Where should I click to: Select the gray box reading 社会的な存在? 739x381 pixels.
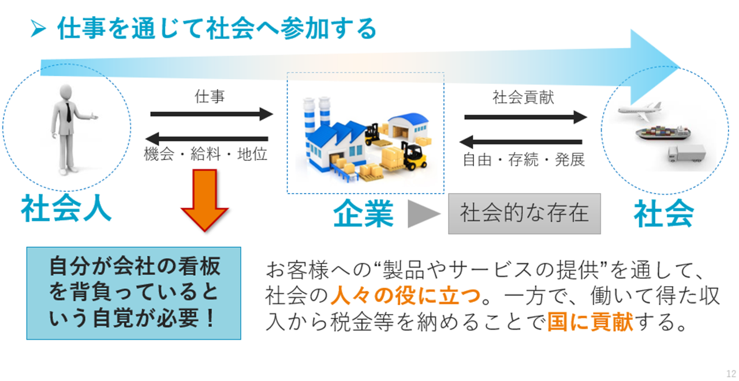[524, 214]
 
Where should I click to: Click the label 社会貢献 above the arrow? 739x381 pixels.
[523, 98]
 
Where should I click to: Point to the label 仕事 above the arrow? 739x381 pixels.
[210, 97]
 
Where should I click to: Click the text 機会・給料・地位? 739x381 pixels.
[206, 154]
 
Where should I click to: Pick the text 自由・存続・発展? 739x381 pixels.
[524, 160]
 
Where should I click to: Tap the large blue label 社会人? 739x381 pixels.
[66, 208]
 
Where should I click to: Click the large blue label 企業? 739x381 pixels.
[363, 213]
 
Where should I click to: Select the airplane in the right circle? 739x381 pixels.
[640, 110]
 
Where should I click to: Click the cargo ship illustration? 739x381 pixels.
[663, 132]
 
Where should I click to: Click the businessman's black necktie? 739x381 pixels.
[68, 112]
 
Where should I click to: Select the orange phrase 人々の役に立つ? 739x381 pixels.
[405, 295]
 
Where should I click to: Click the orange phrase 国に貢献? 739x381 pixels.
[590, 321]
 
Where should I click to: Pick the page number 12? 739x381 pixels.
[731, 373]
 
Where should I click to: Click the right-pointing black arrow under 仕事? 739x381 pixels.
[211, 114]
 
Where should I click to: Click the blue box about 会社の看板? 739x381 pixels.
[133, 293]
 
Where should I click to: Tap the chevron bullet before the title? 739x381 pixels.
[38, 29]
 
